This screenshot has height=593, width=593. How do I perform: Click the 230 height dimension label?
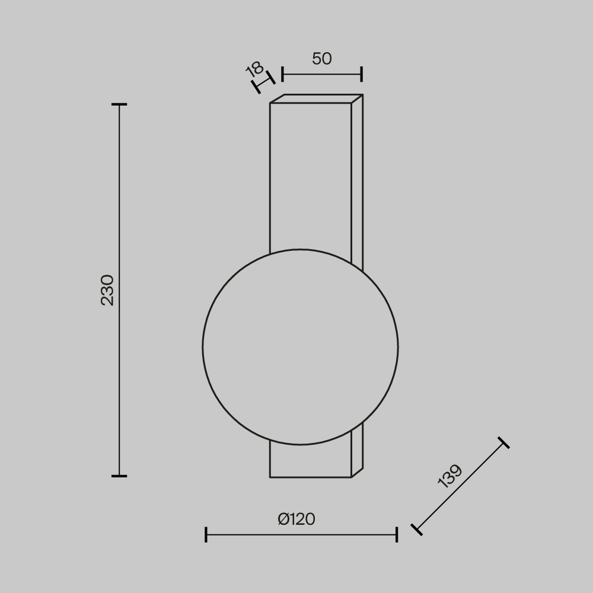click(x=107, y=289)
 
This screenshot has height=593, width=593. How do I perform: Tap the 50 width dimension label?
click(x=322, y=59)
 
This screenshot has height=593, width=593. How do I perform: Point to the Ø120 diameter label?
click(x=296, y=519)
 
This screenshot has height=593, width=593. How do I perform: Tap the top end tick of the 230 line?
click(x=119, y=104)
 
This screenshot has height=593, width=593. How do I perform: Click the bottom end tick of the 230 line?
click(x=119, y=476)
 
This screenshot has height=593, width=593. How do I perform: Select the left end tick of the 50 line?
click(x=282, y=74)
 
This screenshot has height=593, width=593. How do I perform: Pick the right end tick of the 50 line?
click(x=362, y=74)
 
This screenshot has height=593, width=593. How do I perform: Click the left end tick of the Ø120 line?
click(x=206, y=534)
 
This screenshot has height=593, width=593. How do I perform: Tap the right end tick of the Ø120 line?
click(x=397, y=534)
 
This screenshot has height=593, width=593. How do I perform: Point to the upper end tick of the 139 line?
click(x=503, y=442)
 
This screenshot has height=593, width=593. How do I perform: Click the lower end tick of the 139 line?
click(x=416, y=530)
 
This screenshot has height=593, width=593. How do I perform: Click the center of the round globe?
click(x=300, y=347)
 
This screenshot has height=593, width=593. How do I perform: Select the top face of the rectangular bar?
click(x=316, y=98)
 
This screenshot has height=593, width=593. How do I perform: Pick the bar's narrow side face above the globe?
click(x=357, y=178)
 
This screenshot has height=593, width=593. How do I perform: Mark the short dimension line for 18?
click(x=264, y=82)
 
